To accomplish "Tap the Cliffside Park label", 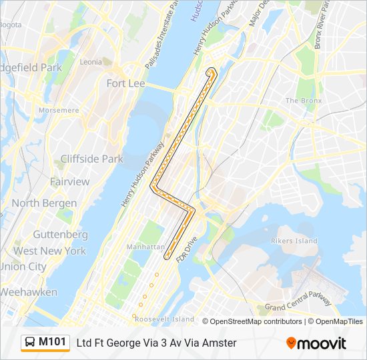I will [91, 159].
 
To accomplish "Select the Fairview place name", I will [69, 181].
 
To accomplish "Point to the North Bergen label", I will [44, 203].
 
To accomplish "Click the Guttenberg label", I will [60, 235].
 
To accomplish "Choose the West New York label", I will [49, 251].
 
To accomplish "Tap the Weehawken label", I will [29, 292].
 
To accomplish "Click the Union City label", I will [23, 267].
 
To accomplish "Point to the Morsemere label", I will [58, 110].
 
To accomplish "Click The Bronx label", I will [304, 101].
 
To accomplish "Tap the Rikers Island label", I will [294, 241].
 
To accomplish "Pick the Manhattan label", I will [145, 247].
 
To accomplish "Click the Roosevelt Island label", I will [163, 319].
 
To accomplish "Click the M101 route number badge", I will [52, 342].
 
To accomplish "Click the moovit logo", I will [316, 343].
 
